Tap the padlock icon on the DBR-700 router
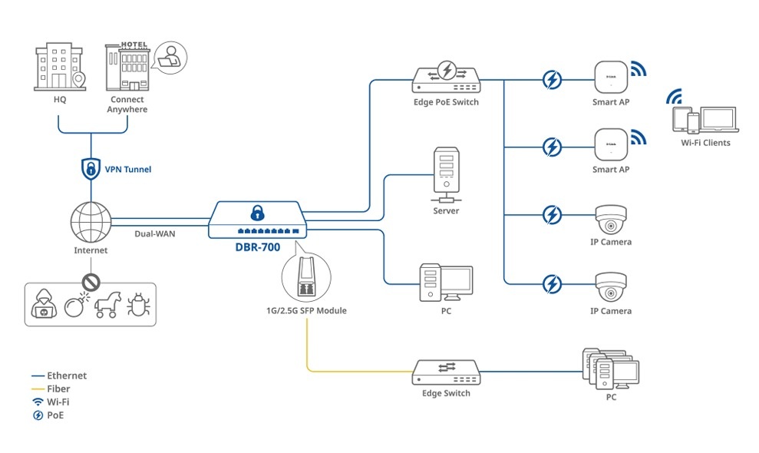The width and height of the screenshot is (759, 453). click(x=257, y=213)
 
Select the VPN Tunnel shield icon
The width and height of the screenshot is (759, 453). click(x=91, y=168)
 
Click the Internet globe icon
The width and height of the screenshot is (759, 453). click(x=91, y=220)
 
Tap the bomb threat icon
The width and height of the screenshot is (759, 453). click(x=75, y=305)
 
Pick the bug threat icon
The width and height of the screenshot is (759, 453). click(x=139, y=305)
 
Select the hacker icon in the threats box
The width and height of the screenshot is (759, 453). click(x=43, y=306)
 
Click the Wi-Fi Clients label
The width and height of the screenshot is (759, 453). click(x=705, y=143)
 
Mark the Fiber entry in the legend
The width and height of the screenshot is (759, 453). click(x=58, y=389)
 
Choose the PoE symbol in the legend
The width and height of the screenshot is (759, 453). click(x=38, y=415)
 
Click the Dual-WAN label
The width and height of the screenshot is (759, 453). click(x=155, y=233)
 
